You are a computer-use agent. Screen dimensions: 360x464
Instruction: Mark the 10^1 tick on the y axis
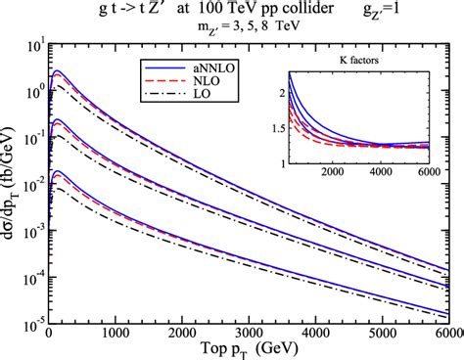34,45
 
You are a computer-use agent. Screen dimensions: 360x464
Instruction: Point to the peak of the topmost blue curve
59,71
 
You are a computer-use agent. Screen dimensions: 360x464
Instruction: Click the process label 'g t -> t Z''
121,13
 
